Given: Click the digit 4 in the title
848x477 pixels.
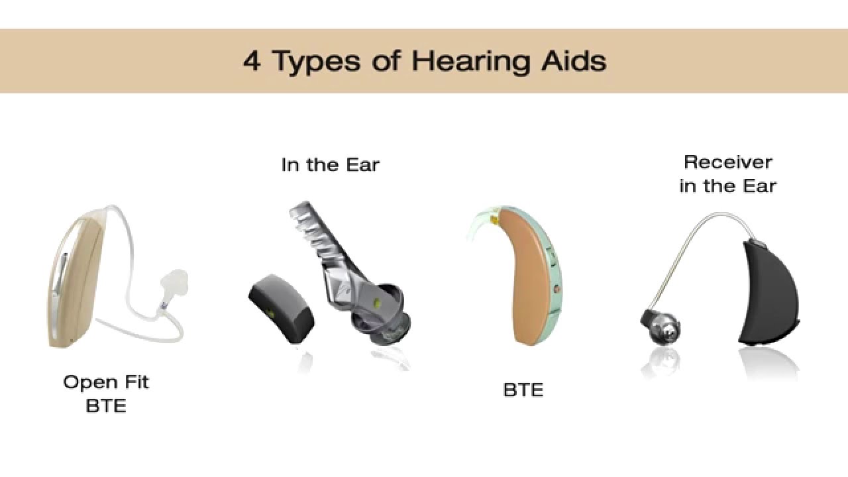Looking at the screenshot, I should tap(252, 62).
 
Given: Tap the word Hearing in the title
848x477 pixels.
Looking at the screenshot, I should tap(469, 62).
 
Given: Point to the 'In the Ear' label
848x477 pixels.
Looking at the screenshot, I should tap(330, 164).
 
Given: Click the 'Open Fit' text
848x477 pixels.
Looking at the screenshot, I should tap(106, 382).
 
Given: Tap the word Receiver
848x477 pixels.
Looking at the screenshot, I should tap(727, 162).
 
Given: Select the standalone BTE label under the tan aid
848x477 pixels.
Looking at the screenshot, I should tap(523, 390).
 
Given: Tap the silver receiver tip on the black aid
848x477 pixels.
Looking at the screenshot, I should tap(662, 325).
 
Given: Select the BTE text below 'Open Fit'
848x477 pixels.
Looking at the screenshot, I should tap(106, 405).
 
